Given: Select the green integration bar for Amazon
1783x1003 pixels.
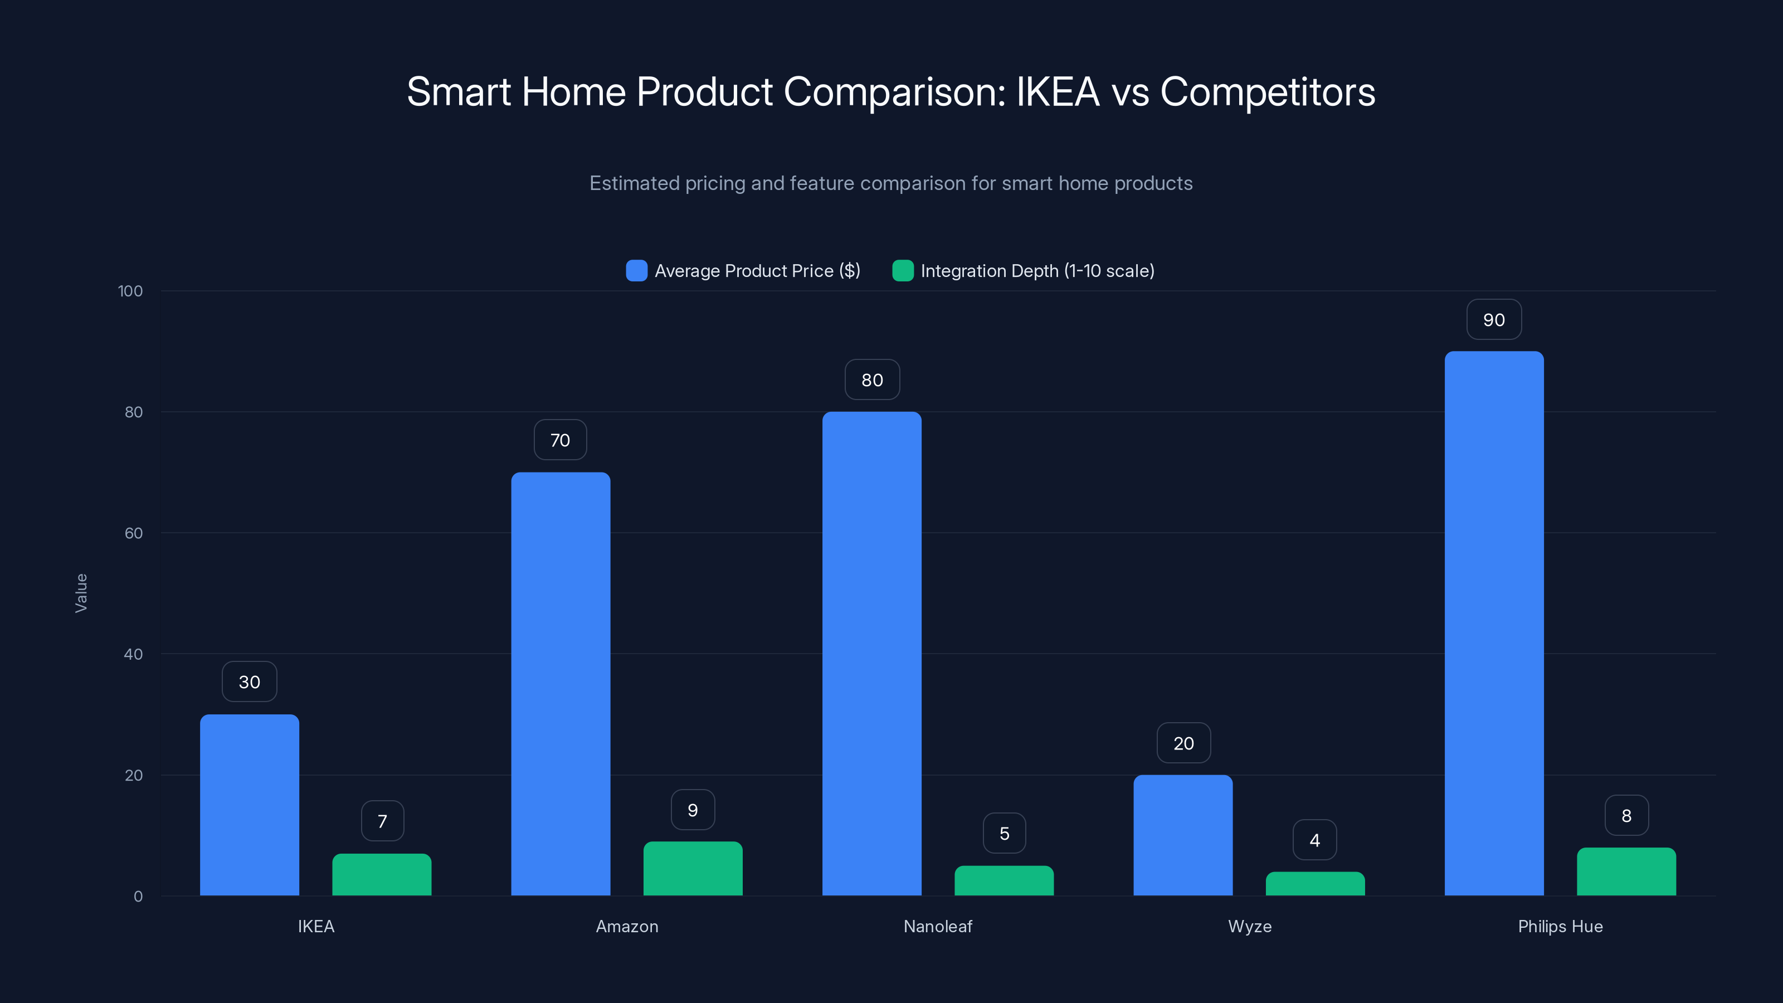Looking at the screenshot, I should [693, 869].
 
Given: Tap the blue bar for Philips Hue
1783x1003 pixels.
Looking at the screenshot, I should [1494, 623].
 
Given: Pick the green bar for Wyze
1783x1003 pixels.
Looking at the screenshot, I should [1315, 884].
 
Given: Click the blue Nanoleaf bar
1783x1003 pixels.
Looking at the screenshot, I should [871, 654].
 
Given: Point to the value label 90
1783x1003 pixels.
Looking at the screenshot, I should [1494, 320].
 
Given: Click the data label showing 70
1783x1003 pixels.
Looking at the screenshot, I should [560, 440].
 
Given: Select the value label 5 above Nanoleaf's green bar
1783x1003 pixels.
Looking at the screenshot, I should [1004, 834].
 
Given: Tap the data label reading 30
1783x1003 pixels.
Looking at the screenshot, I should [249, 682].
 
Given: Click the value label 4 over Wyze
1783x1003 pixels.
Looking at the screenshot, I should [1314, 840].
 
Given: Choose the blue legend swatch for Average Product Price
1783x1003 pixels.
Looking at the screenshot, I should [636, 271].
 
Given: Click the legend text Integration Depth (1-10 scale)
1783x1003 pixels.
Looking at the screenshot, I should [1037, 271].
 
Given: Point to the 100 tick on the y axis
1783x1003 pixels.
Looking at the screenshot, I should [130, 291].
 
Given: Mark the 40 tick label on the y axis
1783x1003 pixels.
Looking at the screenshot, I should [133, 654].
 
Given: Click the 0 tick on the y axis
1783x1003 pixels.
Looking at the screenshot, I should [138, 897].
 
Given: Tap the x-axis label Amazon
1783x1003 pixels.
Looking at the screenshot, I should [627, 926].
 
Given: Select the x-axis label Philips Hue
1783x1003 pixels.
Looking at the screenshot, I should [1560, 926].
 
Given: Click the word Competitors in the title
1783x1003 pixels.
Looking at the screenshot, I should [1268, 92].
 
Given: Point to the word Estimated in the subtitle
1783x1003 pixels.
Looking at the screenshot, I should [634, 183].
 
